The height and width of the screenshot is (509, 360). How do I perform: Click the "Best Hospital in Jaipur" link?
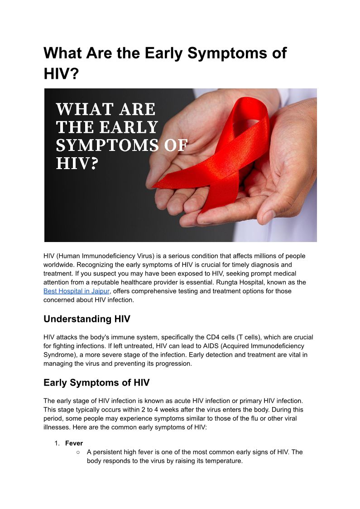[77, 291]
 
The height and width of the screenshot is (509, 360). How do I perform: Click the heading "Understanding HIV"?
[86, 319]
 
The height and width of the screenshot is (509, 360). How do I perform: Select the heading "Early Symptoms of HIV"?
[96, 383]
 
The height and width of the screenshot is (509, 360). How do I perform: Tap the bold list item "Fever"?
[74, 443]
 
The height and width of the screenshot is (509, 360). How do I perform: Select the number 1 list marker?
[57, 443]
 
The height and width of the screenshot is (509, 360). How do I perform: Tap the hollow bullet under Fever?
[78, 452]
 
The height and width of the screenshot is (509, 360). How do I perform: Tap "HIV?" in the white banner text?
[77, 164]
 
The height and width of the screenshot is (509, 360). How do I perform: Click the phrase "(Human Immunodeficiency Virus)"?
[107, 256]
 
